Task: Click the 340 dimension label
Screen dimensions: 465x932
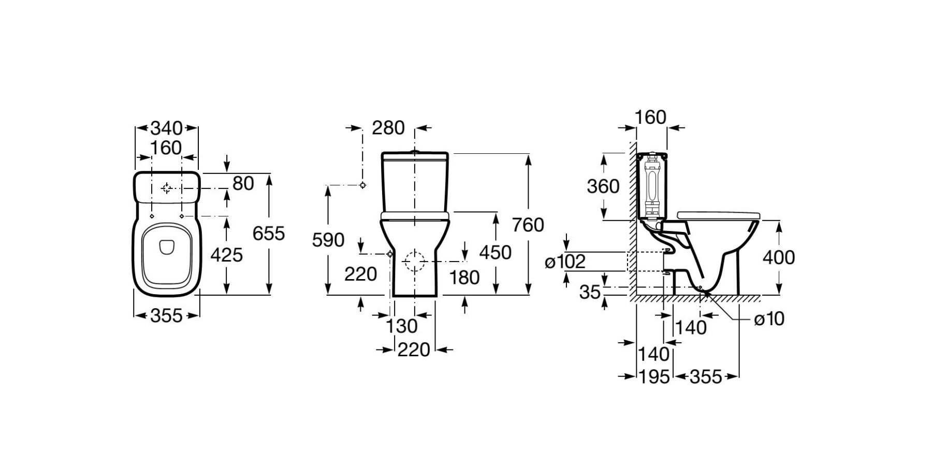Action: (166, 128)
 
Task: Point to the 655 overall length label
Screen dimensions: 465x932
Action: (268, 234)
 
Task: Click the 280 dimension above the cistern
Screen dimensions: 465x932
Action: (388, 128)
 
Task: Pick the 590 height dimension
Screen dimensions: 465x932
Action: (328, 240)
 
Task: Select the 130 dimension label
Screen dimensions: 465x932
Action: (402, 326)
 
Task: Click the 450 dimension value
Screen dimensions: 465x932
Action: (495, 252)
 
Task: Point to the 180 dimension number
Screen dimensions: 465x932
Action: (464, 278)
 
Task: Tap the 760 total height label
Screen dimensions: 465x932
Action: (528, 225)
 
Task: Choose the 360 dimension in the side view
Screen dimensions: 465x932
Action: (603, 186)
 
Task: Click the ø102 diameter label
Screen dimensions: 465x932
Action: (565, 261)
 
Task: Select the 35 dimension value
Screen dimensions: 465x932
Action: (590, 293)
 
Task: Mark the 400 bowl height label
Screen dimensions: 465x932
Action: (779, 257)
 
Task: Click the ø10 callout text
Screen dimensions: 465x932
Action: (769, 319)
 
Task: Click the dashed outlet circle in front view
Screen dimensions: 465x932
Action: (414, 261)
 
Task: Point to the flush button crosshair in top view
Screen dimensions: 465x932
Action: (167, 188)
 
